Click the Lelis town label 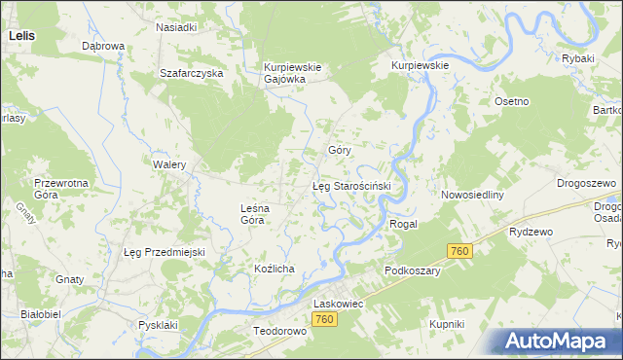point(21,34)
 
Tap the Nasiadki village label point(177,27)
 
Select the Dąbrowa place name point(102,46)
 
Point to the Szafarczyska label point(192,73)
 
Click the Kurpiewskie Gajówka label point(284,73)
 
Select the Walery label point(169,164)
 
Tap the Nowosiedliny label point(471,195)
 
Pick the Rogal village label point(403,224)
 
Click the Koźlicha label point(274,268)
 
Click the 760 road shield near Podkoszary point(460,251)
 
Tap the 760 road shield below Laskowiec point(326,320)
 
